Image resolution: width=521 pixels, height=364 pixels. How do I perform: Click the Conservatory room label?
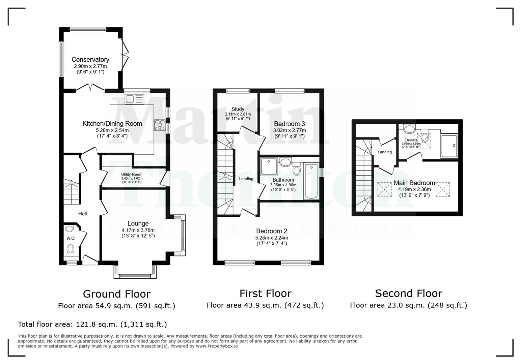(x=90, y=60)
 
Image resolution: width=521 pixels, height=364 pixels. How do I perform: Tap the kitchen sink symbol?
(x=134, y=99)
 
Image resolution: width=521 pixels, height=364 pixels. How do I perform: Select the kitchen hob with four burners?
(x=160, y=125)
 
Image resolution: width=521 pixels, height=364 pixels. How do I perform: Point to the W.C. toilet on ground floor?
(x=71, y=250)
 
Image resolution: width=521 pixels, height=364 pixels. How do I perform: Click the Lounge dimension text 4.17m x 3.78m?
(x=138, y=230)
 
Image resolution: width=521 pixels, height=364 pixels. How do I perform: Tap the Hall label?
(x=82, y=213)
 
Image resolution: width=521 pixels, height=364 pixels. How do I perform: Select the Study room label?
(x=238, y=109)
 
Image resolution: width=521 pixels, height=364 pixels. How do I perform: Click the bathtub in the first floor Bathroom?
(x=311, y=181)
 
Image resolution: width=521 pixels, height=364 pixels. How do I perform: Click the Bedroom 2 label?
(x=271, y=231)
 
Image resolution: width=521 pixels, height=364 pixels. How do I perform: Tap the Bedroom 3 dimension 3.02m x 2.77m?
(x=289, y=130)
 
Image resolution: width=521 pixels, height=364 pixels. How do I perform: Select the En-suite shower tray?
(x=449, y=146)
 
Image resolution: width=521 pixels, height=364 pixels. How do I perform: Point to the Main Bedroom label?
(x=414, y=183)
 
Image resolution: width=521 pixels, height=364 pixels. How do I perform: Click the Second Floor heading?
(x=408, y=293)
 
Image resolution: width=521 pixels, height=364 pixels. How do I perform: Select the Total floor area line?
(x=92, y=324)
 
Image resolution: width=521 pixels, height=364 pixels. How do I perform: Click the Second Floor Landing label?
(x=384, y=152)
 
